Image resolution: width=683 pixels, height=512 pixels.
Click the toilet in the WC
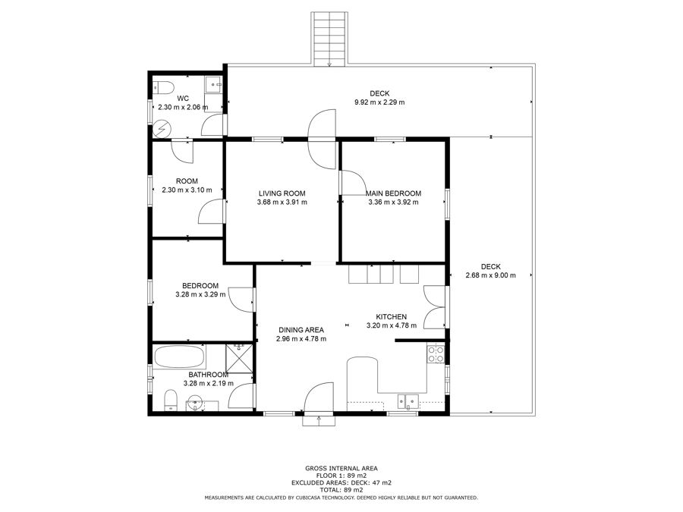(x=164, y=87)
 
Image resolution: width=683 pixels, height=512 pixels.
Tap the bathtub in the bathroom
(x=179, y=357)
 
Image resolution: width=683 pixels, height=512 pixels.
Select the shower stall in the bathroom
(x=239, y=358)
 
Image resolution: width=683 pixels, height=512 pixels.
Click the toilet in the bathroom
(x=170, y=400)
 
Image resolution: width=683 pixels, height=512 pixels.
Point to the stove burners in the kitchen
(x=436, y=353)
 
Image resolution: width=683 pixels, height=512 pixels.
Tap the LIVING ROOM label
(x=282, y=193)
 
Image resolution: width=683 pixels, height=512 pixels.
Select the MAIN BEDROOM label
(x=393, y=193)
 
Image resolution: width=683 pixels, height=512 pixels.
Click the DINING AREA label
(x=301, y=330)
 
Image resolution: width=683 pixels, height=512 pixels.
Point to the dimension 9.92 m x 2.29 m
(x=379, y=102)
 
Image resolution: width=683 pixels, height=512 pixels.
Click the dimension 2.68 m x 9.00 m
(x=490, y=275)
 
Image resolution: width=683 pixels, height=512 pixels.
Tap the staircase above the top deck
(x=329, y=39)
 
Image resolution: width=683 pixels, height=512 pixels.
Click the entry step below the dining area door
(x=319, y=420)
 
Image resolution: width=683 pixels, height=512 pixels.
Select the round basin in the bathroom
(x=195, y=404)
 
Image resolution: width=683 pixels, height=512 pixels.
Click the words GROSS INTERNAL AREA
(x=341, y=469)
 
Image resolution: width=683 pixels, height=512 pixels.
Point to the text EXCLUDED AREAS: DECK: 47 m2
(x=341, y=482)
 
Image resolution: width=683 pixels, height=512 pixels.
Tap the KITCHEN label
(x=391, y=317)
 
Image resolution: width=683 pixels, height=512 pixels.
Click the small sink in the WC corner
(x=213, y=84)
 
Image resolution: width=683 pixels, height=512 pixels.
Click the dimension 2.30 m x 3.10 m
(x=187, y=190)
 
